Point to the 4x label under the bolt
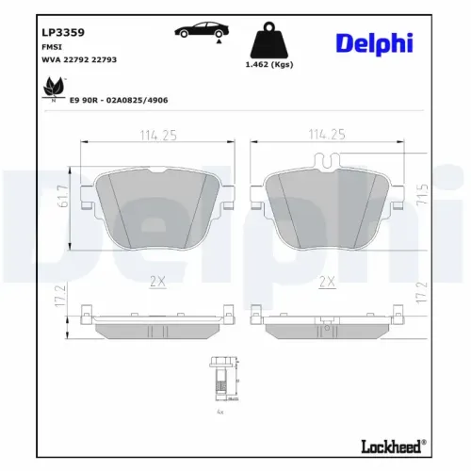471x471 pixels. tap(219, 413)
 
